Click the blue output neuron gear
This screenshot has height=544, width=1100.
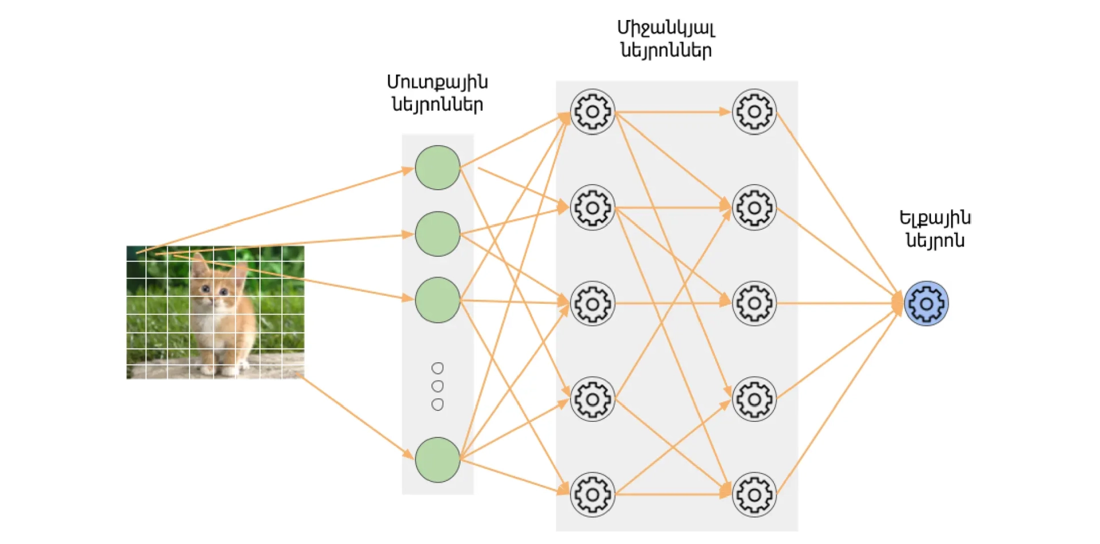tap(926, 303)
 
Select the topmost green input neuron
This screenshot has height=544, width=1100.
tap(437, 167)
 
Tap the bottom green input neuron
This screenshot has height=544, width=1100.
tap(437, 460)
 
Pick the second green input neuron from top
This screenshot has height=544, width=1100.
tap(437, 234)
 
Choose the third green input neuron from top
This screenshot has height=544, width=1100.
tap(437, 300)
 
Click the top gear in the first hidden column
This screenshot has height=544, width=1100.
tap(592, 112)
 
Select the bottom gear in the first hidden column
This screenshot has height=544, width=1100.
tap(592, 495)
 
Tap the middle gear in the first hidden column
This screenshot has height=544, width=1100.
tap(592, 303)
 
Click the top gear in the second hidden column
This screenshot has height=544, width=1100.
tap(754, 112)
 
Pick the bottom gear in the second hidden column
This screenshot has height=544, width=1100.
tap(754, 495)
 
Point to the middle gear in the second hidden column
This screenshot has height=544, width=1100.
tap(754, 303)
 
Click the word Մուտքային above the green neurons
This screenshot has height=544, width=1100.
tap(437, 83)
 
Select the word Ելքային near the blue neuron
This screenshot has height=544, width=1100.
tap(935, 218)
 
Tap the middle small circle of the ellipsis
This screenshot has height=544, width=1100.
tap(437, 386)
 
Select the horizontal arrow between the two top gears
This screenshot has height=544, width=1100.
tap(673, 112)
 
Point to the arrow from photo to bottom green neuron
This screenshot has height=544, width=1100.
tap(355, 417)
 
